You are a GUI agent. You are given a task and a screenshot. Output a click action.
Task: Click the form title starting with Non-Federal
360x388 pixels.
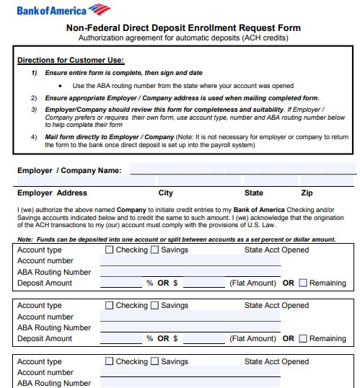tap(183, 28)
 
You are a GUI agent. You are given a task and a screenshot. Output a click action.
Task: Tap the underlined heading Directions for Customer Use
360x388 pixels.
tap(71, 60)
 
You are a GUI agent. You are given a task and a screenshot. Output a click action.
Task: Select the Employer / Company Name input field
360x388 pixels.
tap(242, 170)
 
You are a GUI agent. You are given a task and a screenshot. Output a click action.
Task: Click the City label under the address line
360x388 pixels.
tap(165, 193)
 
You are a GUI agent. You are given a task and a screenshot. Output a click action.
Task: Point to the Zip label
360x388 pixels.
tap(307, 193)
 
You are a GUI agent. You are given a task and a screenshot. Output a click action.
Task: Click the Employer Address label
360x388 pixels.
tap(52, 193)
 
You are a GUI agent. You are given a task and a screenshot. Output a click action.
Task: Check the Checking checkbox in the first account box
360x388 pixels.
tap(110, 250)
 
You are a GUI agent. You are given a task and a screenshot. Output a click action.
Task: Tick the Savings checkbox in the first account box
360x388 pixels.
tap(154, 250)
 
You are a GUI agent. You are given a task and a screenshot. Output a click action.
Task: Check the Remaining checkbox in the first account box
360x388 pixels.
tap(303, 283)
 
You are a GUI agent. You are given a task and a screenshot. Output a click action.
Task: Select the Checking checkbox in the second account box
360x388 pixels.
tap(110, 306)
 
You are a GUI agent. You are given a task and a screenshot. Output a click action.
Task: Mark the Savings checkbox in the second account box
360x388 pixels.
tap(154, 306)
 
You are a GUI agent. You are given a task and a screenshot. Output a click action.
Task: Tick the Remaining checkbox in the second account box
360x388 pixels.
tap(303, 339)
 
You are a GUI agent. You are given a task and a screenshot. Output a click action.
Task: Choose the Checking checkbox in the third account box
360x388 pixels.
tap(110, 362)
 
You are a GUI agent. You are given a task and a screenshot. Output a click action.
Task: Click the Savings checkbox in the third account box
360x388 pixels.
tap(154, 362)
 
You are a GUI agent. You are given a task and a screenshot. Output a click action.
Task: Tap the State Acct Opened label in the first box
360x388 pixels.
tap(276, 250)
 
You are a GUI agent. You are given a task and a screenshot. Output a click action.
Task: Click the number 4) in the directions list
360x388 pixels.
tap(34, 136)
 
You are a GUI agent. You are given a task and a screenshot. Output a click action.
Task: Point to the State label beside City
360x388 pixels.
tap(254, 193)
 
